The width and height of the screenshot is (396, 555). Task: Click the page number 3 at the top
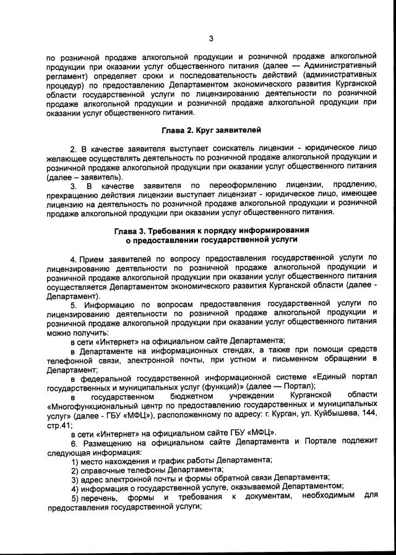pos(210,39)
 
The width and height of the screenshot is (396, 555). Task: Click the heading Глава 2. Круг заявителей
pos(211,130)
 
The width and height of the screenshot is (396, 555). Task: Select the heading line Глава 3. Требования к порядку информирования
pos(212,231)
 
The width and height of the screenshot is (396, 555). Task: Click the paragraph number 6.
pos(74,444)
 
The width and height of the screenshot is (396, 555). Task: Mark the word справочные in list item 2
pos(100,470)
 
